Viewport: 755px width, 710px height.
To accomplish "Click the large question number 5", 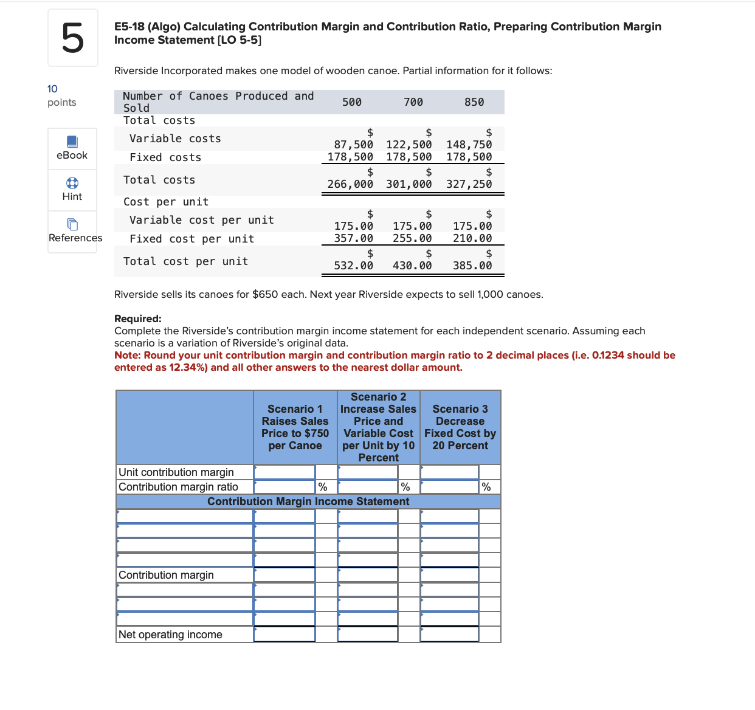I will pos(72,38).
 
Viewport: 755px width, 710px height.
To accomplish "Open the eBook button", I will pos(72,148).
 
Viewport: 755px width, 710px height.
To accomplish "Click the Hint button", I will pos(72,190).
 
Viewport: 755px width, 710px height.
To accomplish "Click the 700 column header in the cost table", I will pos(413,102).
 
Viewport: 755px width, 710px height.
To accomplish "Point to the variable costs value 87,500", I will pos(354,145).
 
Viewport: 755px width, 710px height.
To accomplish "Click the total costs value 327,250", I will pos(469,184).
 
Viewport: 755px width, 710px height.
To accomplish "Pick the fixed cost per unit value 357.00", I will pos(354,238).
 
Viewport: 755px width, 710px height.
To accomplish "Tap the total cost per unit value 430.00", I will pos(412,266).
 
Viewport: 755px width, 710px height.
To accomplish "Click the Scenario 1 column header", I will pos(295,427).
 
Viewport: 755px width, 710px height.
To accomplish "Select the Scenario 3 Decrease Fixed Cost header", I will pos(460,427).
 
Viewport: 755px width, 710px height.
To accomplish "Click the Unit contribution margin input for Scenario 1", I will pos(284,472).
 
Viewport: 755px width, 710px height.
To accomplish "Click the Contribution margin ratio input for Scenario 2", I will pos(368,487).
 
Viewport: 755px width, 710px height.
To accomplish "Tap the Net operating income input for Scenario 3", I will pos(449,634).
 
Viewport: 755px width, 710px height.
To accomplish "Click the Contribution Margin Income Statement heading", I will pos(308,501).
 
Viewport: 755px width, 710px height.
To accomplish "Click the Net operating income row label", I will pos(170,635).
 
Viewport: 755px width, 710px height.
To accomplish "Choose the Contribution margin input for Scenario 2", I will pos(368,575).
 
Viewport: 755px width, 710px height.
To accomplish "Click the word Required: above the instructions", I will pos(138,319).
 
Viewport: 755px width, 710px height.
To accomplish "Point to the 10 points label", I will pos(61,95).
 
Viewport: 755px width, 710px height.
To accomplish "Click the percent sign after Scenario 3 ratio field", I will pos(486,487).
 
